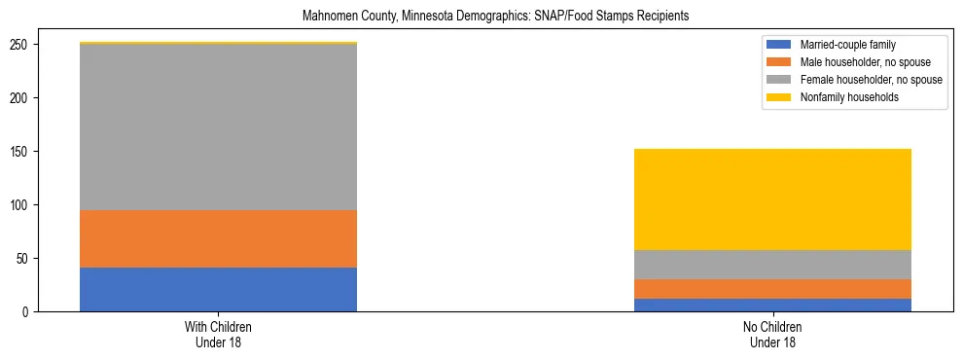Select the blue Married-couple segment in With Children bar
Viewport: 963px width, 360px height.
coord(218,289)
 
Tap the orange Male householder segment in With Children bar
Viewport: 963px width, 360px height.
coord(218,238)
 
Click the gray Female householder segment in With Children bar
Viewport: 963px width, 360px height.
coord(218,126)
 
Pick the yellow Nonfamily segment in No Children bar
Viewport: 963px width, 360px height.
coord(772,199)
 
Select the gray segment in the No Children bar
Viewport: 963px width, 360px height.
coord(772,265)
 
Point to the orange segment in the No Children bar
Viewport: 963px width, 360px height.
coord(772,289)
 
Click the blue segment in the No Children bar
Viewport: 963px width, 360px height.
coord(772,305)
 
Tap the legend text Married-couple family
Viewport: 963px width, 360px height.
coord(847,45)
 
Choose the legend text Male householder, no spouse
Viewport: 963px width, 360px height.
coord(863,62)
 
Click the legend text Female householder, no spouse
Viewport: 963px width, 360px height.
coord(871,80)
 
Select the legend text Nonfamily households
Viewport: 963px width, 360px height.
coord(844,97)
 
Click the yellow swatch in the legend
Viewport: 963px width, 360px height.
coord(779,97)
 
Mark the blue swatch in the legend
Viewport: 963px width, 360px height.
coord(779,45)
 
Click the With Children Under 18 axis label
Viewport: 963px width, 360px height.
coord(218,335)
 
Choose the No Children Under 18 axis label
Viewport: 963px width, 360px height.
coord(772,335)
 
